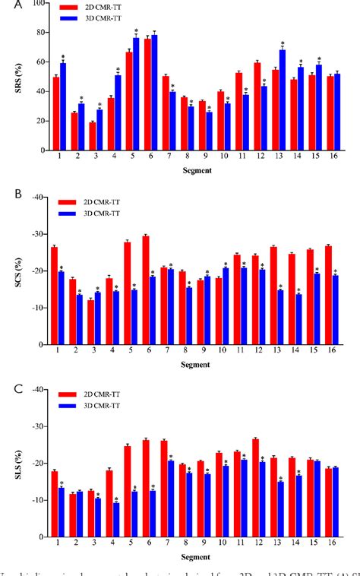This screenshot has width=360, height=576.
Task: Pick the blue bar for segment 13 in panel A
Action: tap(283, 100)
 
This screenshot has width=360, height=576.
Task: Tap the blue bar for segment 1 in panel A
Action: tap(63, 106)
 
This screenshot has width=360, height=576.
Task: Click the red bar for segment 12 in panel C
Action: tap(254, 469)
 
